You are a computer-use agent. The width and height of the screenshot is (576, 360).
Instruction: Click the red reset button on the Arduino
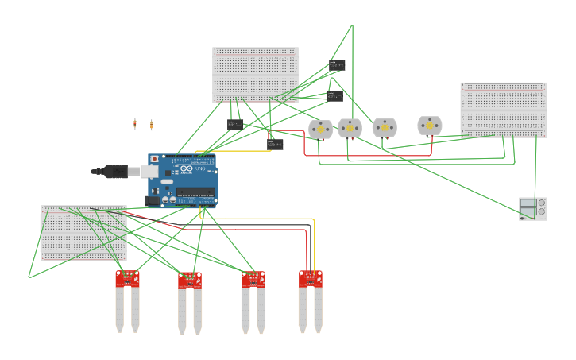(154, 160)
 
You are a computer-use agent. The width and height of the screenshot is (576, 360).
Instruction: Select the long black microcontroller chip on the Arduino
(195, 191)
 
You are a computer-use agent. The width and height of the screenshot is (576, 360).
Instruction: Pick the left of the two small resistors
(135, 123)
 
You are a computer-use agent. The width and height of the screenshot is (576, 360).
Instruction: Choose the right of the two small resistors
(151, 124)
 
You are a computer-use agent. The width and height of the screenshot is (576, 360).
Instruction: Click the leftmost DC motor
(320, 129)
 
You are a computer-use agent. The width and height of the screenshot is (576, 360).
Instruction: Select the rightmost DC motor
(430, 126)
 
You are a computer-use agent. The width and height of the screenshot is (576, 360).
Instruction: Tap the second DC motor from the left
(350, 128)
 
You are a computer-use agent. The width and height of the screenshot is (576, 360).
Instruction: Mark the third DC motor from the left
(385, 127)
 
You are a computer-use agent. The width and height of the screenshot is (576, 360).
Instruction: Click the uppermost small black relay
(338, 65)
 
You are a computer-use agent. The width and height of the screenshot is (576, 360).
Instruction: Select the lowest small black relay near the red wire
(275, 144)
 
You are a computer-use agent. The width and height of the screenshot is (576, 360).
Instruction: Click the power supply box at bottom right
(532, 208)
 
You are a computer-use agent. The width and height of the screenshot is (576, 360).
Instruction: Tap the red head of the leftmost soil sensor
(127, 277)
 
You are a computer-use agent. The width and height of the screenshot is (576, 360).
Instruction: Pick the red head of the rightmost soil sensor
(310, 278)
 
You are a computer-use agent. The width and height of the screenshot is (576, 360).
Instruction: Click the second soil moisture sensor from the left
(189, 302)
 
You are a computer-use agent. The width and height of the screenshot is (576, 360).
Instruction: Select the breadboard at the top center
(255, 75)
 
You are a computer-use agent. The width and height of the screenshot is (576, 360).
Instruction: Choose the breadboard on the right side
(503, 110)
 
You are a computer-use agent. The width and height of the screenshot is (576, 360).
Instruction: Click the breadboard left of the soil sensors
(83, 233)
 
